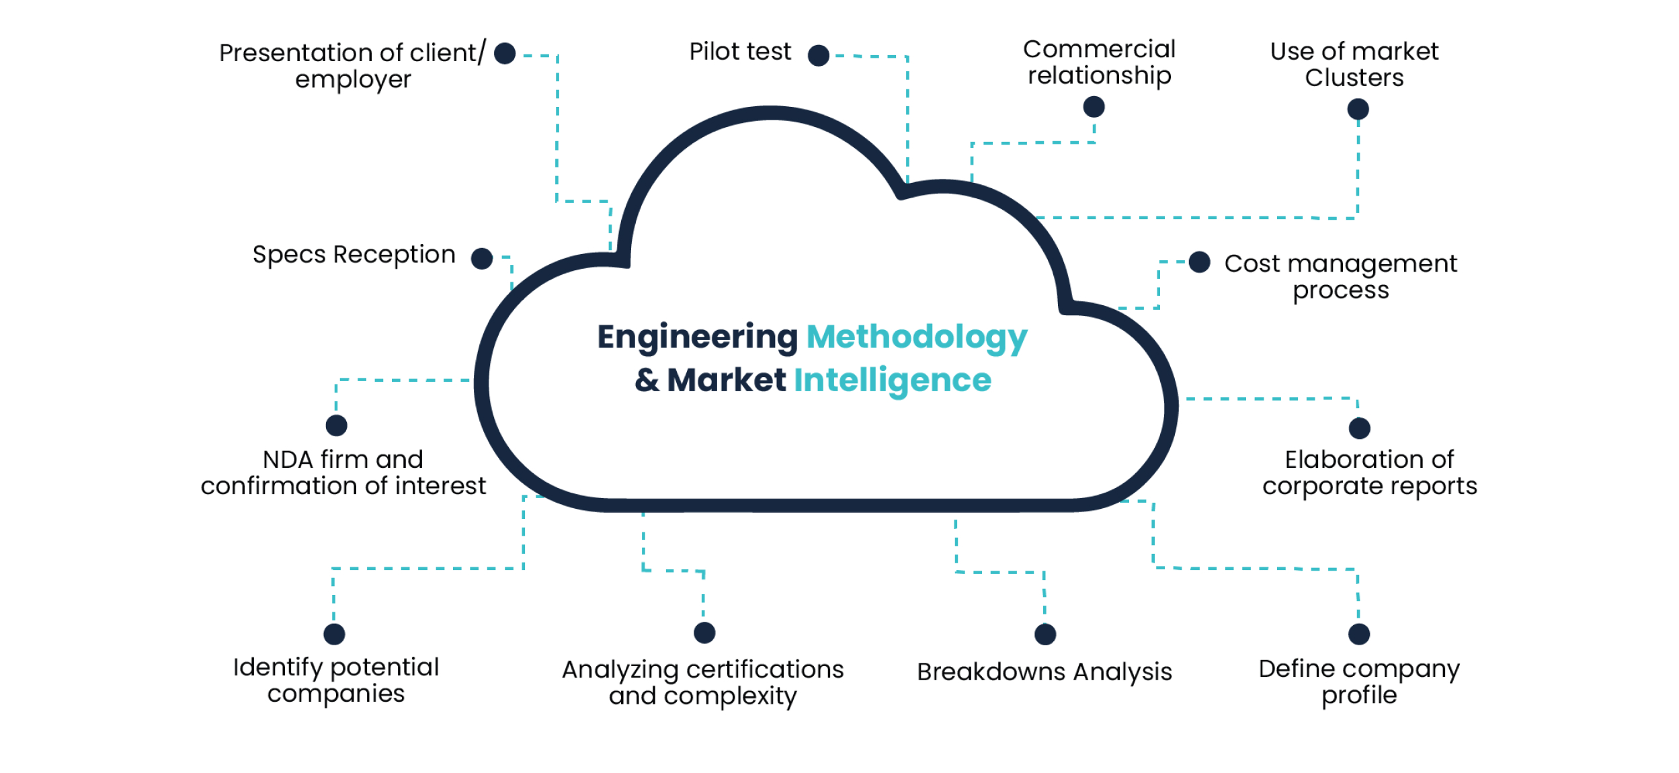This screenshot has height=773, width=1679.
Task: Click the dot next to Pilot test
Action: [818, 55]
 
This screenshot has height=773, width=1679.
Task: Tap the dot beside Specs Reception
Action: [481, 258]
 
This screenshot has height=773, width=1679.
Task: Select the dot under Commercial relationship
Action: [1094, 106]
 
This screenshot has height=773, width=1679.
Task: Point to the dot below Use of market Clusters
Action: [1358, 109]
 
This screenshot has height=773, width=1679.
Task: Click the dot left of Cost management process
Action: [1199, 262]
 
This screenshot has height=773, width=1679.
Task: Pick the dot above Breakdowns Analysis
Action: [1045, 634]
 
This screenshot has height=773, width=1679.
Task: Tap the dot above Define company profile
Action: [1358, 634]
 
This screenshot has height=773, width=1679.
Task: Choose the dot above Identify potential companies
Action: [334, 634]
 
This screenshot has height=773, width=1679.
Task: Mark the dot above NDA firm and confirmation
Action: [336, 425]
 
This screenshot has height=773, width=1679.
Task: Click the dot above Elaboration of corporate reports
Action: [1359, 428]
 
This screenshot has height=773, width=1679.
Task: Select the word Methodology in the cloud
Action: [916, 337]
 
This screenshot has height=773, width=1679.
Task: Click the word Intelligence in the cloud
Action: [892, 380]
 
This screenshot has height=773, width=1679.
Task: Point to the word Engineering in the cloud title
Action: [697, 337]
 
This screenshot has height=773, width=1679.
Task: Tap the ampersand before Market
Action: [647, 380]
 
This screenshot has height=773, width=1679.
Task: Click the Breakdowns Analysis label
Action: [1044, 672]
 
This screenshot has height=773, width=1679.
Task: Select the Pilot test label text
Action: [740, 52]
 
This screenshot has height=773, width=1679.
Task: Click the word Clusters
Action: [1354, 78]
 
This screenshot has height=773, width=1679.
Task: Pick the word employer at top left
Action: [353, 79]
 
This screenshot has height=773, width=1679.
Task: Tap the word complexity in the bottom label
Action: [730, 696]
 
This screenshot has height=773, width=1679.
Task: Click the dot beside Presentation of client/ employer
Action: [504, 53]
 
